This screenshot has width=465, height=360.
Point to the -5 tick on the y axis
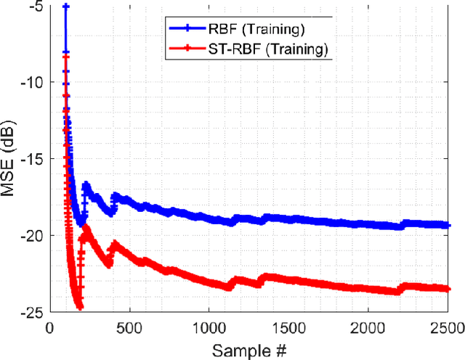tap(34, 7)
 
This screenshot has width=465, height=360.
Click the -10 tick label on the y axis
tap(31, 83)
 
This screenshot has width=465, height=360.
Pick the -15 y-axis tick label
tap(31, 159)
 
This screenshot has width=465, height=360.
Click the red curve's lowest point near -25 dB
tap(79, 307)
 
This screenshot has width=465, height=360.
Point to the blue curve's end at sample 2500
tap(448, 226)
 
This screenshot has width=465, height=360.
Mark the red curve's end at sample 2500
tap(448, 289)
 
